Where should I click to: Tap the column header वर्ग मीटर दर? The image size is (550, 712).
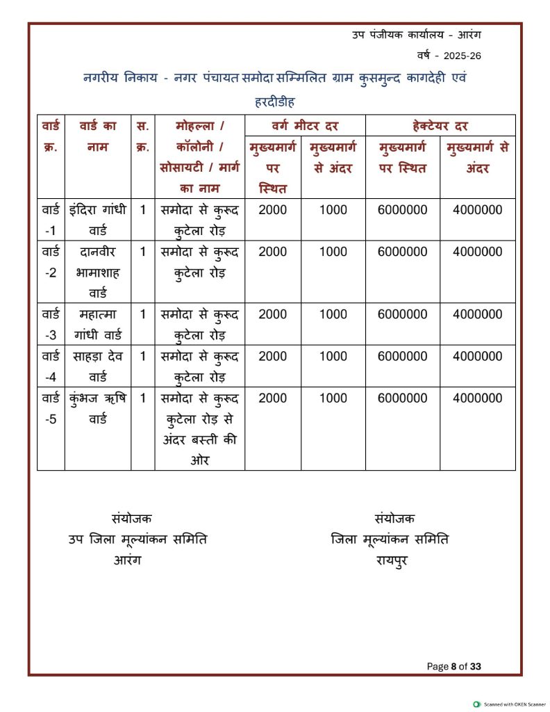click(x=305, y=126)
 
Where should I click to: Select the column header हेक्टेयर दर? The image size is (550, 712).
click(x=440, y=126)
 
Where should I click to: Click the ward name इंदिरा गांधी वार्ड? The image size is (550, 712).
click(x=97, y=219)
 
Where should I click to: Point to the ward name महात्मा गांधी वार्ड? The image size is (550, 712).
click(x=97, y=324)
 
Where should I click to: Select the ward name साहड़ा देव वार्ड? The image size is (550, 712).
click(x=97, y=366)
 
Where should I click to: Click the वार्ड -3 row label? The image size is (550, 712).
click(x=51, y=324)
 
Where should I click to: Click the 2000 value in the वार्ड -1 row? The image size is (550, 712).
click(x=272, y=209)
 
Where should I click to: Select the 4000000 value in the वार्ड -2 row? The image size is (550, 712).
click(x=477, y=252)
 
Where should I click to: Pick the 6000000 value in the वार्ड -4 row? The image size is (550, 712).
click(x=403, y=357)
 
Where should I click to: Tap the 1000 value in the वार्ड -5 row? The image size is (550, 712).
click(x=333, y=398)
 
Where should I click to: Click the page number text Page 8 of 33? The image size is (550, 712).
click(x=454, y=667)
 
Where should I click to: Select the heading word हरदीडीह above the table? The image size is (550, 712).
click(x=275, y=102)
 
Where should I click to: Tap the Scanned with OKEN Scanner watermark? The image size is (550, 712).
click(x=510, y=704)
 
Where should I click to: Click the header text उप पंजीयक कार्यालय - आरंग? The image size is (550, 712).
click(x=417, y=35)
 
